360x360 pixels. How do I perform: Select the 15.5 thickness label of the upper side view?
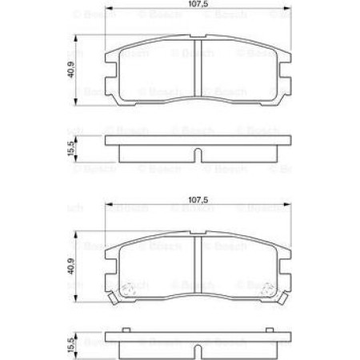(x=71, y=148)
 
